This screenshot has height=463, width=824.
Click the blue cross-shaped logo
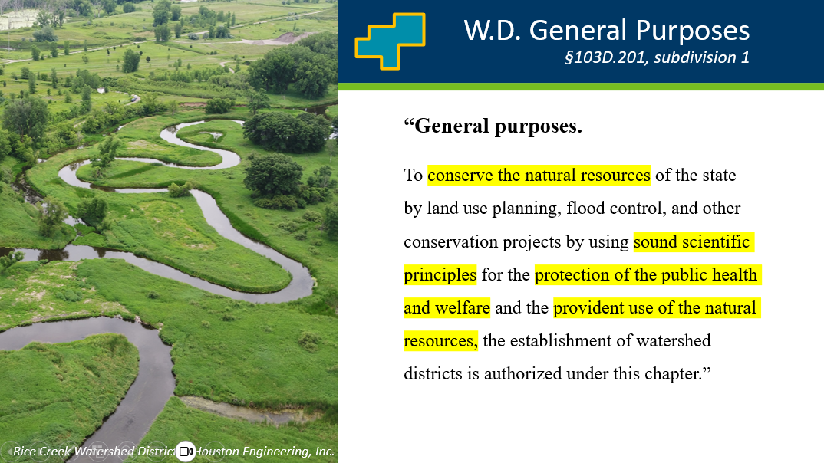tap(391, 41)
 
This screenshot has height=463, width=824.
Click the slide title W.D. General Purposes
tap(606, 30)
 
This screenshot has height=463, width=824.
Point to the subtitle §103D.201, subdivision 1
tap(657, 57)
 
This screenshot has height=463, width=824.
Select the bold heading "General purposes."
tap(493, 126)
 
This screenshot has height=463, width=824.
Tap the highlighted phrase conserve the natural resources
tap(539, 175)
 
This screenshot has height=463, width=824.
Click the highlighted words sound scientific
tap(694, 241)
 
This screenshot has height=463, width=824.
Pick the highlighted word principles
tap(440, 274)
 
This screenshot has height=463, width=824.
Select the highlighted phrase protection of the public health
tap(648, 274)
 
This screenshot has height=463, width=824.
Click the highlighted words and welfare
tap(447, 307)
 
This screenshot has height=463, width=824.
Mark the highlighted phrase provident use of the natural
tap(657, 307)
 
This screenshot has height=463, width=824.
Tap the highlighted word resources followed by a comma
tap(440, 340)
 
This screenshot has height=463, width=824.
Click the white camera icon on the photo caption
tap(185, 451)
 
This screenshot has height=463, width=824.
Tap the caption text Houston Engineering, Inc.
tap(265, 452)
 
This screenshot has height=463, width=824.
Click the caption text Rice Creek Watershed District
tap(94, 452)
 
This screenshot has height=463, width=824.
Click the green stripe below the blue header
tap(581, 87)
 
